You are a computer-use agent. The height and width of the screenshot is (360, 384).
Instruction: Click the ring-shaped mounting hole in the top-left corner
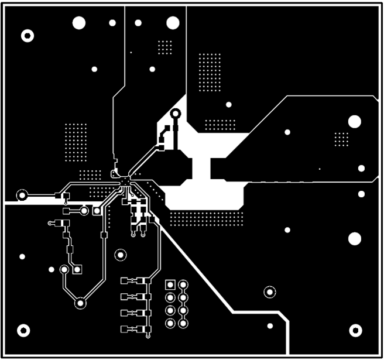(27, 36)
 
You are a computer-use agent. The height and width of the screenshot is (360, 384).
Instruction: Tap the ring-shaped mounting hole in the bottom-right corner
(356, 330)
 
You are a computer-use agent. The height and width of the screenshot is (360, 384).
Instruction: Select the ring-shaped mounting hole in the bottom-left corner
(24, 330)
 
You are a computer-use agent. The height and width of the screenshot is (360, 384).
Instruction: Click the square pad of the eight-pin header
(170, 285)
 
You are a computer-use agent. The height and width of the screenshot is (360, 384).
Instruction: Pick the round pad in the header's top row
(183, 285)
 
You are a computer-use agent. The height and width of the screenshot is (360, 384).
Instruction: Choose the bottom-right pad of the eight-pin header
(183, 323)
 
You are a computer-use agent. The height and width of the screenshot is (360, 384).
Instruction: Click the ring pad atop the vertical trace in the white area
(175, 114)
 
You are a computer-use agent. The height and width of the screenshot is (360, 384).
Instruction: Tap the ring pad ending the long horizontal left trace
(23, 195)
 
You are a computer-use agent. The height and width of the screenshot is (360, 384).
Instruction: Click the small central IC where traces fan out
(125, 181)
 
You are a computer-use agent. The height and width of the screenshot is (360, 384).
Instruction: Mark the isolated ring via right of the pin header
(269, 291)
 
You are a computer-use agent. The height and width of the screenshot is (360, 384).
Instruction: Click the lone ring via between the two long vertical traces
(120, 255)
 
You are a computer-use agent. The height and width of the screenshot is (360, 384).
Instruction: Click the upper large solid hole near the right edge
(354, 122)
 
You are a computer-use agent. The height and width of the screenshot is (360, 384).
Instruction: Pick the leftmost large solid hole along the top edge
(79, 23)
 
